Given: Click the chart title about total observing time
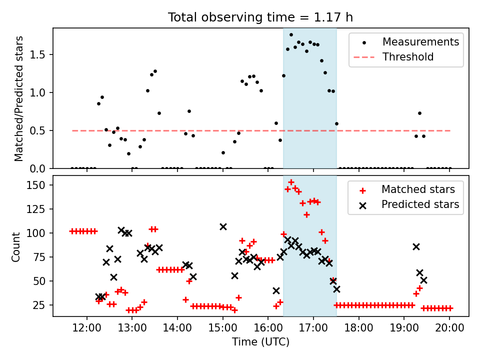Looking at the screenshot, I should pos(260,17).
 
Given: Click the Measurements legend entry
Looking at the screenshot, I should pos(420,42).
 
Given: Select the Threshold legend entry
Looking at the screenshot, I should pos(407,57).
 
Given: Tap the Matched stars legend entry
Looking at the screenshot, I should pos(418,189).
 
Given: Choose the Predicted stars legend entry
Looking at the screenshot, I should pos(420,204).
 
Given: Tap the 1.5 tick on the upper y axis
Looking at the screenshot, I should pos(41,54).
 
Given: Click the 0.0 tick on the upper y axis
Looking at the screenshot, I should pos(41,168).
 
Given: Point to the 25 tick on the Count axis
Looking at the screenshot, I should pos(41,305).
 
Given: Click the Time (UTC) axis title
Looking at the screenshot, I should pos(260,342).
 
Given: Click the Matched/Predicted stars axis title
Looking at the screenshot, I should pos(19,98).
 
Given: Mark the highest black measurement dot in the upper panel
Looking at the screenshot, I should pos(291,34).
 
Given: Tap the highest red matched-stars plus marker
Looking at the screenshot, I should pos(291,182).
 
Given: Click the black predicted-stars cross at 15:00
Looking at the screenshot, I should pos(223,226).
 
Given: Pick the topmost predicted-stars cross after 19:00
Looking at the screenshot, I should pos(416,246).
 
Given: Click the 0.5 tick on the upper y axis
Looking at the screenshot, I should pos(41,130).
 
